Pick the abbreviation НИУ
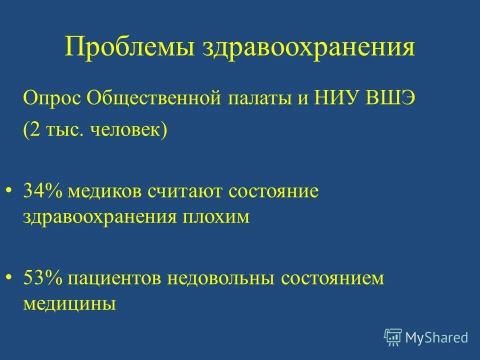(335, 97)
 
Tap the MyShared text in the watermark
(437, 337)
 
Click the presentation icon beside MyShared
(393, 337)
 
